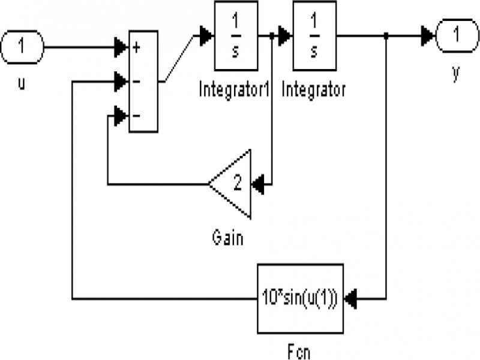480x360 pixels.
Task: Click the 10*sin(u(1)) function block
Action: [301, 298]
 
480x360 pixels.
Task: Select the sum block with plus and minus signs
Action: [143, 81]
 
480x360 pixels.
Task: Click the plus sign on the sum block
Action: [136, 47]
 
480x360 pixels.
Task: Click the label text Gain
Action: [228, 238]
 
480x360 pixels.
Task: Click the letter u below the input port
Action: [22, 83]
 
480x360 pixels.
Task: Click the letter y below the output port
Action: [456, 73]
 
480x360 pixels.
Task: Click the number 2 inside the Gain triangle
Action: [238, 183]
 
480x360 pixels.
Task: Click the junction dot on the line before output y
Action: [386, 36]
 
